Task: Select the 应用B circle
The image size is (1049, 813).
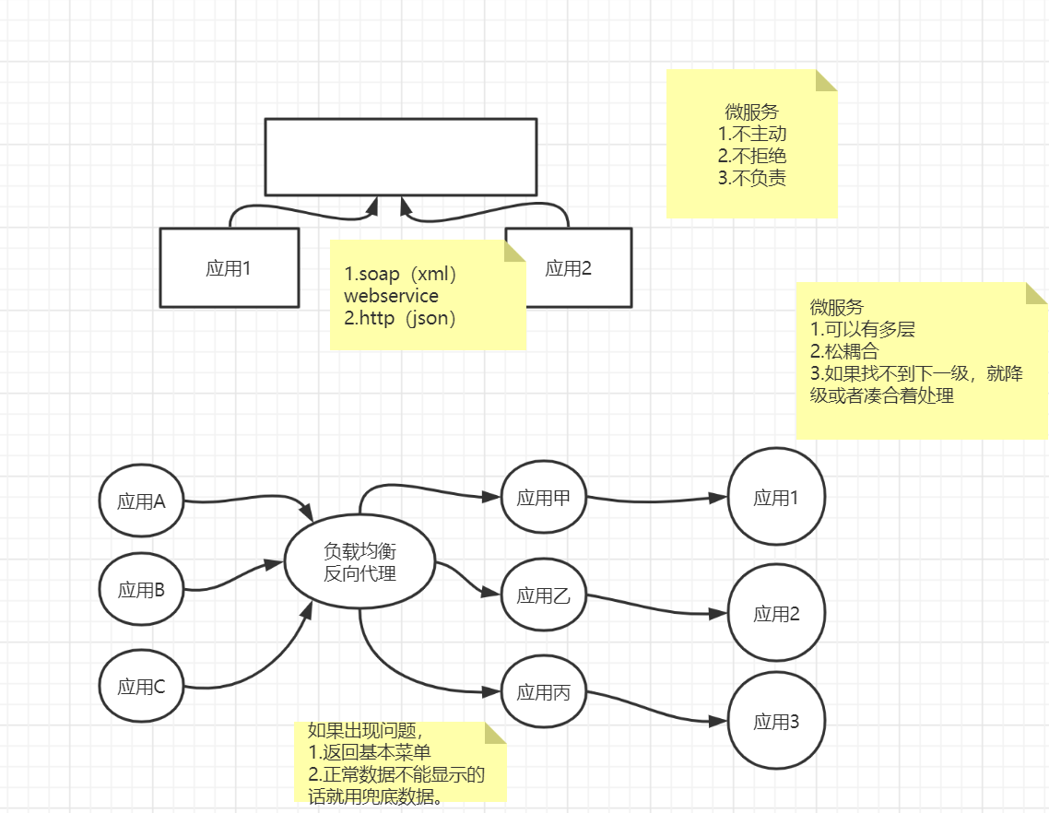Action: (141, 590)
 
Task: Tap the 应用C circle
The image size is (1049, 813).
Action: (141, 686)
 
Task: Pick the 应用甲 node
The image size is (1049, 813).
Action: (544, 498)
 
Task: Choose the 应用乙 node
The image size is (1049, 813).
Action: (544, 595)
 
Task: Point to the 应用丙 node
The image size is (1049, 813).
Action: (544, 692)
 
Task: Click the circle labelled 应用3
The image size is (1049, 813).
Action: (776, 722)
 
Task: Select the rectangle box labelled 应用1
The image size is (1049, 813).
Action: (229, 267)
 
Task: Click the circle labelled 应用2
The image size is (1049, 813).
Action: (776, 613)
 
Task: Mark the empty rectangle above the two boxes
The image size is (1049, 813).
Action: (400, 157)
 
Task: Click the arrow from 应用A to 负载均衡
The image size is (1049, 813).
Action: (249, 500)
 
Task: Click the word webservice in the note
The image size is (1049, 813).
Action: (391, 296)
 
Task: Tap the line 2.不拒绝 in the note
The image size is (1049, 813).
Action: (751, 157)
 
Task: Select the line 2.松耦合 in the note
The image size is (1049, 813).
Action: (844, 351)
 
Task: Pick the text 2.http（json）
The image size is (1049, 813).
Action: (401, 319)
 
